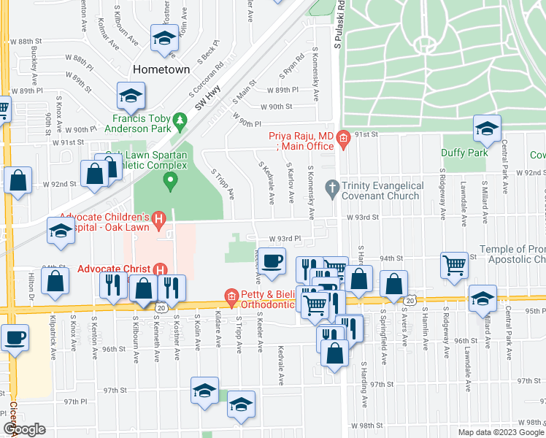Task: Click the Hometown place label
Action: tap(161, 69)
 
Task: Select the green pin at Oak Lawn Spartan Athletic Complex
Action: tap(171, 180)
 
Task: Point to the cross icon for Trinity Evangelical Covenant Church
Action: tap(332, 187)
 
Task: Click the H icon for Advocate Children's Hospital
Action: tap(159, 217)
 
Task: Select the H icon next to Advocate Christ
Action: tap(159, 269)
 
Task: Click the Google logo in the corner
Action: tap(23, 429)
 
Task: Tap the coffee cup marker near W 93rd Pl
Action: tap(273, 261)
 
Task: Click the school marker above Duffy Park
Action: tap(485, 129)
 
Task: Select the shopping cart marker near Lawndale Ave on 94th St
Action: tap(454, 264)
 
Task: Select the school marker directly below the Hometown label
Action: tap(131, 95)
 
